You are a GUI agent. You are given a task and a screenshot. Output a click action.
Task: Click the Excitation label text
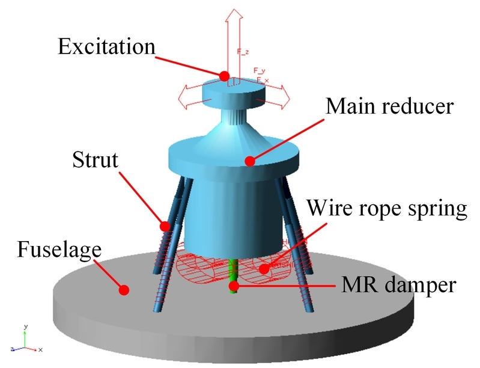107,47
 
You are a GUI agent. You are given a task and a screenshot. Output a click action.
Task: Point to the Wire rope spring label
386,209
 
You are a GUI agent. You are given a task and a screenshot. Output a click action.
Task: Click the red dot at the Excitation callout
224,76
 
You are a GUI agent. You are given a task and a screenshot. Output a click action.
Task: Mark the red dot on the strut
164,226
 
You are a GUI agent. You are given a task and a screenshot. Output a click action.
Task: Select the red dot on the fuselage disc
124,290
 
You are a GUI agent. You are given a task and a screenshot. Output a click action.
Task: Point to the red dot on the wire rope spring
264,268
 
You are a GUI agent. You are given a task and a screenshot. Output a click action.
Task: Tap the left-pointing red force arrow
187,99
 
